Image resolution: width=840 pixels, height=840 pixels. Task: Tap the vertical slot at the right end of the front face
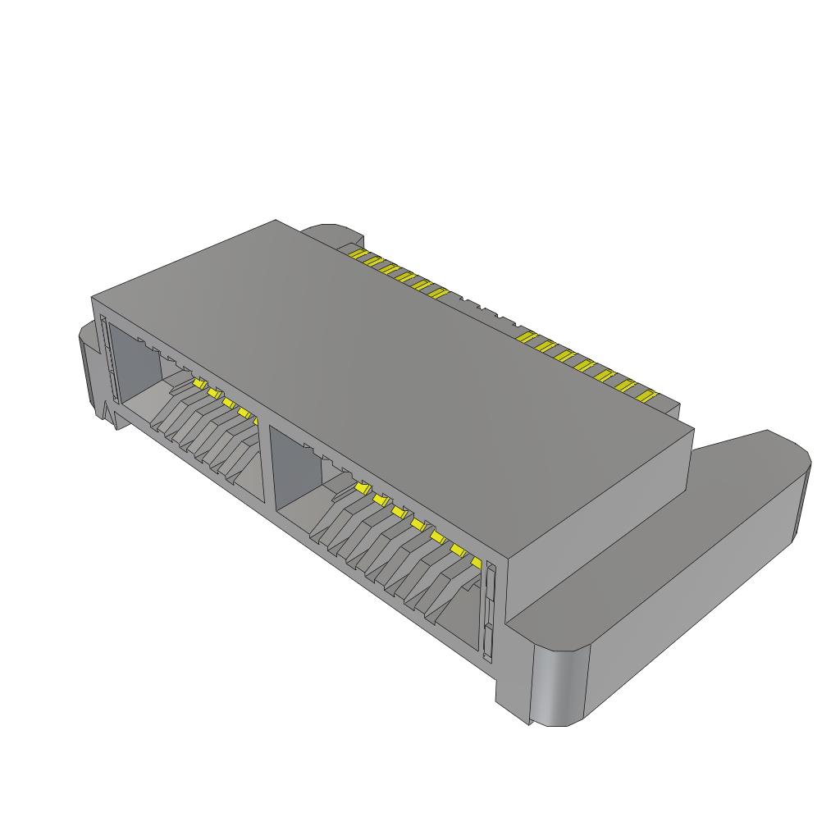tap(490, 611)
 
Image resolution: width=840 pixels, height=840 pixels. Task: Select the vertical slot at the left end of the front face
tap(104, 361)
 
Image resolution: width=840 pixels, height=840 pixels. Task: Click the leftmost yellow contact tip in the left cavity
tap(198, 383)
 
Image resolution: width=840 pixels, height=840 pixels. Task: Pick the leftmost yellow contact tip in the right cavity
tap(359, 488)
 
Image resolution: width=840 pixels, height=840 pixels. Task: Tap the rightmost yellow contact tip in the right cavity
tap(475, 562)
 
